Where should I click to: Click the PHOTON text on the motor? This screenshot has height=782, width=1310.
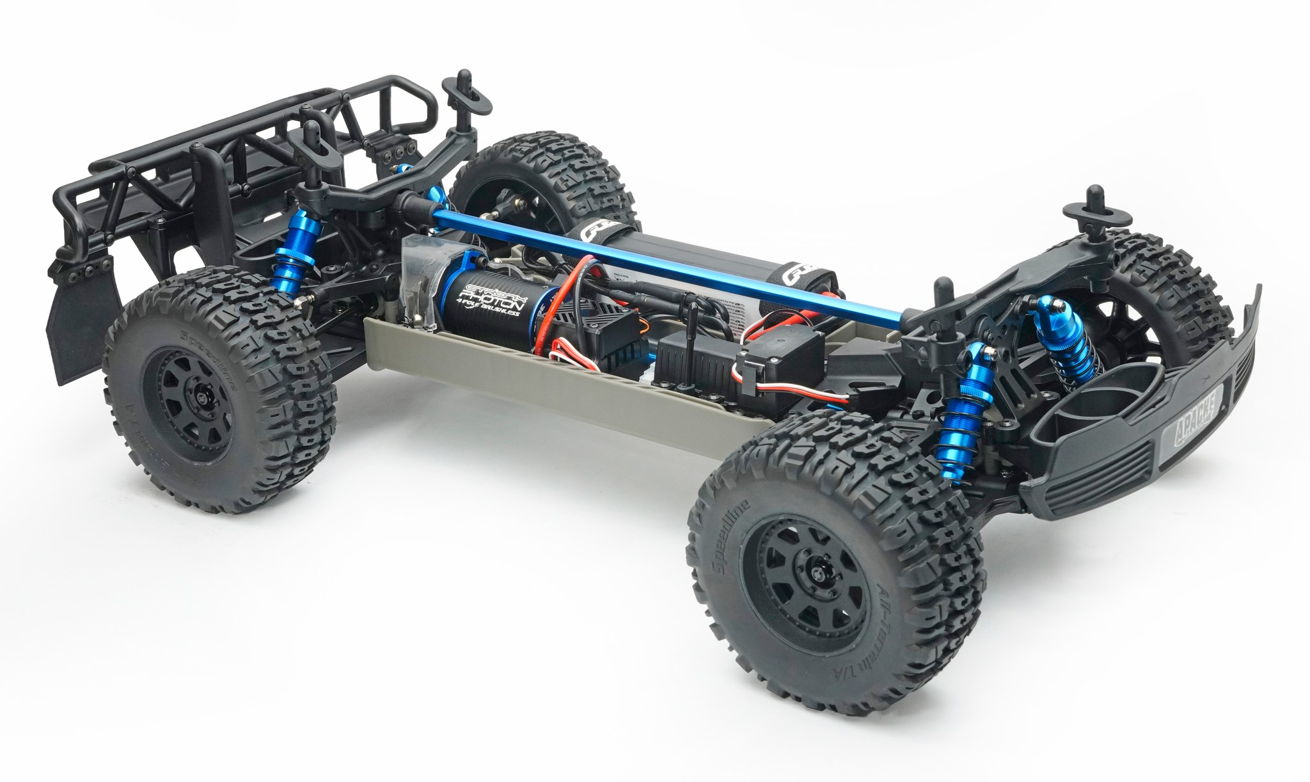(493, 297)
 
